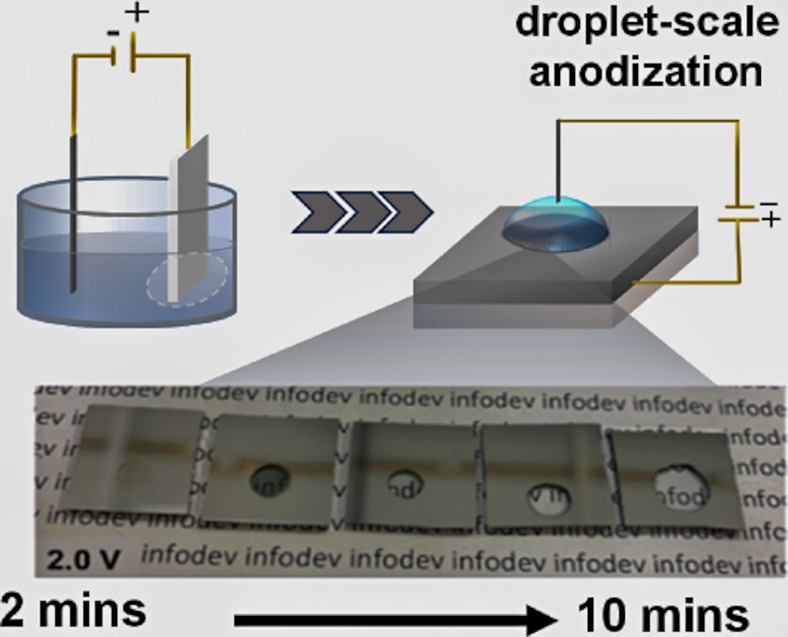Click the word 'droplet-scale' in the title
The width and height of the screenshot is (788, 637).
tap(646, 23)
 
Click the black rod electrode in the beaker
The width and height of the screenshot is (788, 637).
tap(74, 215)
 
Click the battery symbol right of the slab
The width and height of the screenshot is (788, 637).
tap(739, 212)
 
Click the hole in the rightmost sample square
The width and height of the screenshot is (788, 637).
tap(680, 489)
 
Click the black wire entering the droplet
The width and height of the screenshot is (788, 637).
tap(558, 160)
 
